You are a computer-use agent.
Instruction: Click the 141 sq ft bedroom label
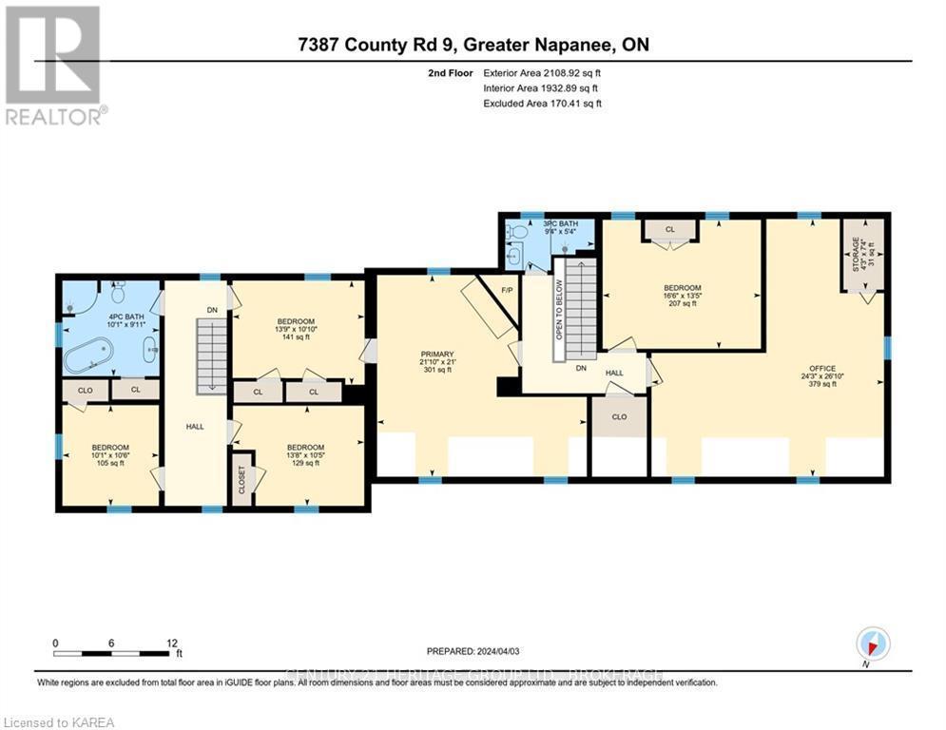(x=296, y=329)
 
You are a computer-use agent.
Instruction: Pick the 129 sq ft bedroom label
(x=305, y=454)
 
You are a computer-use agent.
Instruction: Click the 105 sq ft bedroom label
(x=109, y=454)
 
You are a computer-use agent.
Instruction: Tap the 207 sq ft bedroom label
(x=683, y=296)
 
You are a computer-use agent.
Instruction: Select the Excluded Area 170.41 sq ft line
(x=543, y=104)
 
